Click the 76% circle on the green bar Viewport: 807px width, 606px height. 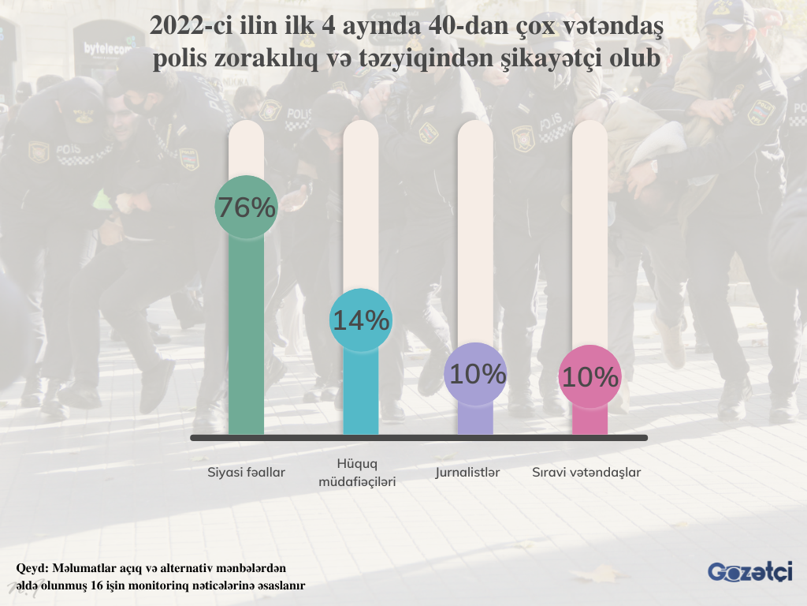coord(246,208)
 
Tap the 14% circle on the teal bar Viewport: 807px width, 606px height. coord(361,320)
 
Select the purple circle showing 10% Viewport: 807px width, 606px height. coord(475,374)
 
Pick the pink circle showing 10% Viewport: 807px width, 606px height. coord(589,377)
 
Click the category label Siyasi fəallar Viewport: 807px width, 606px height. coord(246,473)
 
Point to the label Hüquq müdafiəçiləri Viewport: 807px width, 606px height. coord(357,472)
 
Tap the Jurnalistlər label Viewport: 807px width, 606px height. coord(468,473)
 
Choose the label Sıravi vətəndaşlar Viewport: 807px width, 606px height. coord(586,473)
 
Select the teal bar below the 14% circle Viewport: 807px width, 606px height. coord(361,395)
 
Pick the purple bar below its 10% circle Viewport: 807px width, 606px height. coord(475,418)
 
